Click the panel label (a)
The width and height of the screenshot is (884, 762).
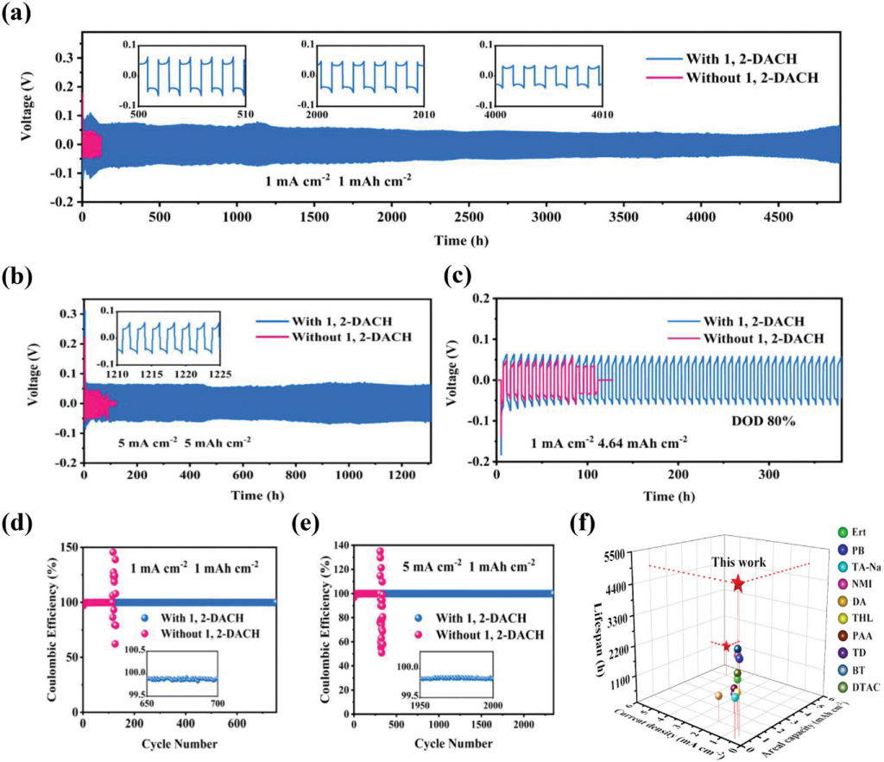[x=15, y=13]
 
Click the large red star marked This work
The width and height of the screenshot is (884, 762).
[x=738, y=584]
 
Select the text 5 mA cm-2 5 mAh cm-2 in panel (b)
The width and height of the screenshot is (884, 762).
[x=185, y=441]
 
